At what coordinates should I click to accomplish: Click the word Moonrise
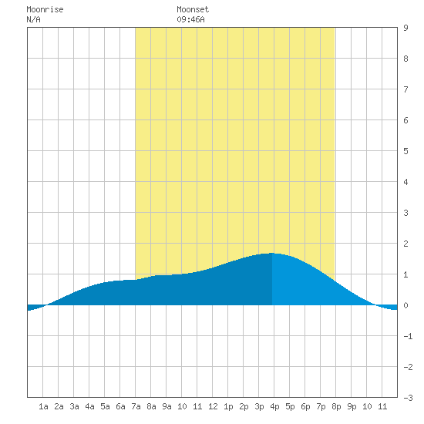[45, 9]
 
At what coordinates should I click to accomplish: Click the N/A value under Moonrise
[33, 19]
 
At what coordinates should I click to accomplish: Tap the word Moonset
[193, 9]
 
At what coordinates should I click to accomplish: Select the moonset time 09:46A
[190, 19]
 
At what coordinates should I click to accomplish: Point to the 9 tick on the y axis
[405, 28]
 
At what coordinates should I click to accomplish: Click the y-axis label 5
[405, 151]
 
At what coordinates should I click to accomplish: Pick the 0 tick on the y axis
[405, 305]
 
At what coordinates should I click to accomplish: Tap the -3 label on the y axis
[408, 398]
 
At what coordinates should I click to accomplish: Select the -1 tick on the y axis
[408, 336]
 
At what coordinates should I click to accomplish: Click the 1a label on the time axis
[43, 406]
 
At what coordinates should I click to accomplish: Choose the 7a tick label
[136, 406]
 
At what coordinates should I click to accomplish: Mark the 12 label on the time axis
[213, 406]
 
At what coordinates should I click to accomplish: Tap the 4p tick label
[274, 406]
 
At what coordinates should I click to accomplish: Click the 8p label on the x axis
[336, 406]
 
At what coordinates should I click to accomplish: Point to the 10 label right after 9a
[182, 406]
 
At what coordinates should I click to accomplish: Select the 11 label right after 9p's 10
[382, 406]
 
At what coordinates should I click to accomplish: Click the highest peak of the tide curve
[272, 253]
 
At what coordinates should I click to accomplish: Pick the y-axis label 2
[405, 244]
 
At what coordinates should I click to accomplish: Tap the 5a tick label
[105, 406]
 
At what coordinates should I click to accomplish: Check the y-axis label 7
[405, 89]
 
